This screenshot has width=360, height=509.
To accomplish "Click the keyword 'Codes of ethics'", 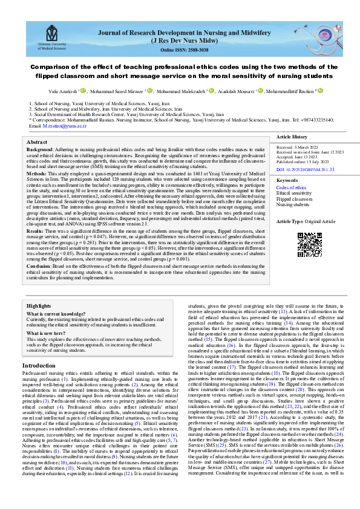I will coord(291,187).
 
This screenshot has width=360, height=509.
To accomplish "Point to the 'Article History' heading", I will coord(291,138).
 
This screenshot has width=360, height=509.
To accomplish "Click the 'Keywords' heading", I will coord(287,181).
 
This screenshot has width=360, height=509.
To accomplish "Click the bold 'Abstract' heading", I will coord(37,141).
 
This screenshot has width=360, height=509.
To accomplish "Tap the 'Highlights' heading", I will coord(39,306).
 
